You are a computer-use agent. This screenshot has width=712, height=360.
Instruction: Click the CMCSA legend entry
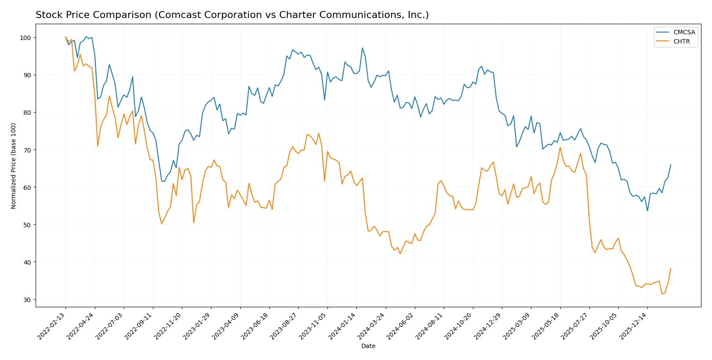pos(683,32)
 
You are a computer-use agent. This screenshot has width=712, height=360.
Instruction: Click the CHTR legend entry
pos(681,41)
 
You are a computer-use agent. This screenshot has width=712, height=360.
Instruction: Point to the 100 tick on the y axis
pos(25,38)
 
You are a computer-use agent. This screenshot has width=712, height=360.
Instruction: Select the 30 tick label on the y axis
pos(27,300)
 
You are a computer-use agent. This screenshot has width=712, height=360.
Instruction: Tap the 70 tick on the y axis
pos(27,150)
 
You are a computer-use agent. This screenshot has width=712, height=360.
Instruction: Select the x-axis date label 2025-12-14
pos(633,326)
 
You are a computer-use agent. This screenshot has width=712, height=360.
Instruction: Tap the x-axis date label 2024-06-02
pos(401,326)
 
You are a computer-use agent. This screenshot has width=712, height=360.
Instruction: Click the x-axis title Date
pos(368,346)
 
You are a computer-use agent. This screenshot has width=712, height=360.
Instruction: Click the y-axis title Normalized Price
pos(14,166)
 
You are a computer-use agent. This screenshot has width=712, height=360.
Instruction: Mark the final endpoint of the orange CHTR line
pos(671,268)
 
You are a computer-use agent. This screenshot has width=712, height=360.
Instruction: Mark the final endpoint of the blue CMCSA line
pos(671,165)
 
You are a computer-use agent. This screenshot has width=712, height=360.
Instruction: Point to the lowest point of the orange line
pos(662,294)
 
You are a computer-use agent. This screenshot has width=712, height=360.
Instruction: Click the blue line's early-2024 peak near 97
pos(362,48)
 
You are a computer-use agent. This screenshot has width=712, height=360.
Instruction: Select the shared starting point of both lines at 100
pos(65,37)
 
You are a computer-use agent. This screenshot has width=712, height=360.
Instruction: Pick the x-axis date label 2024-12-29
pos(488,326)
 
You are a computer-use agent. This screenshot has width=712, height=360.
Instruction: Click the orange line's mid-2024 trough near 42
pos(400,254)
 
